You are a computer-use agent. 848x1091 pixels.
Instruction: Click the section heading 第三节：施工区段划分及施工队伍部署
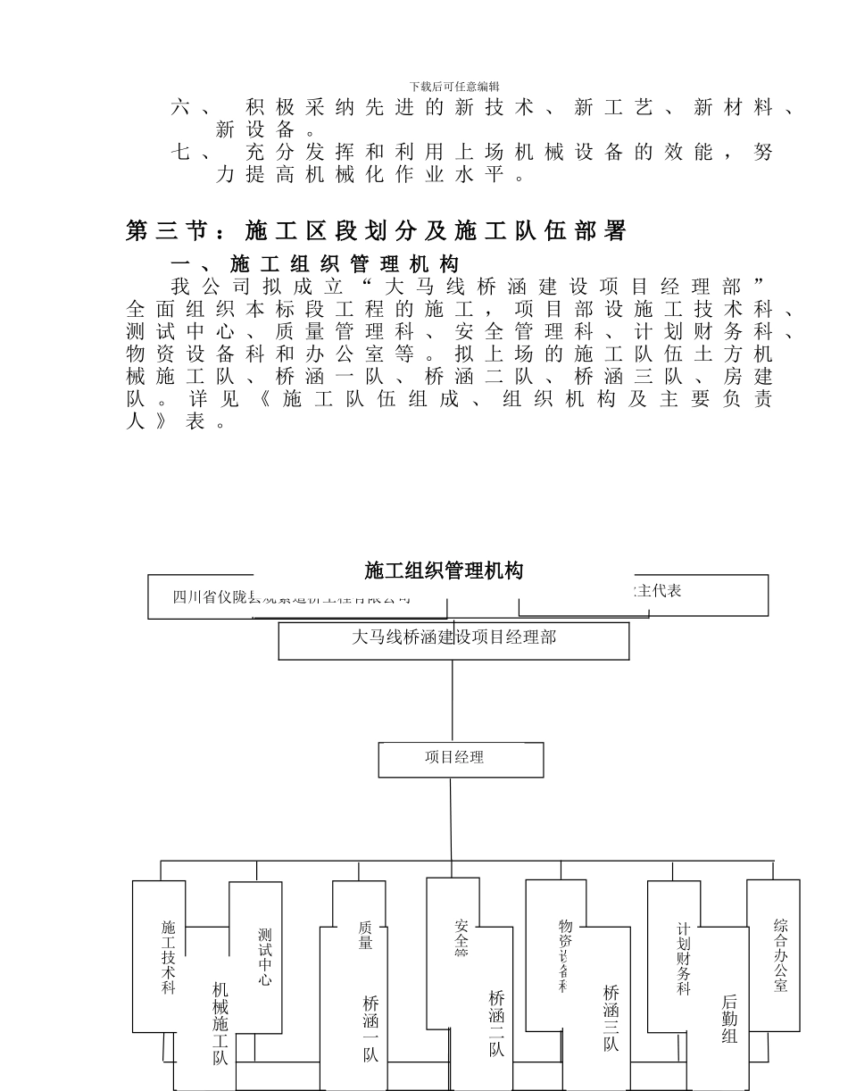tap(376, 232)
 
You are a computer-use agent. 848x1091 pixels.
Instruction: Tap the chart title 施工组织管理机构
tap(444, 570)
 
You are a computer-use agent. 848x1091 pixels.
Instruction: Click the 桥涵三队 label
tap(611, 1018)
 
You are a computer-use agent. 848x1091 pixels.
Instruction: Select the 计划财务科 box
tap(683, 960)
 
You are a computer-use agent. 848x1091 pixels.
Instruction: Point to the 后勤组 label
tap(728, 1019)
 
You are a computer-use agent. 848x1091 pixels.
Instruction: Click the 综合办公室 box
tap(780, 955)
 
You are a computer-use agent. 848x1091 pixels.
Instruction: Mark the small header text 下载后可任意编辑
tap(454, 86)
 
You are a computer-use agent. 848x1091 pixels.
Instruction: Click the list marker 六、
tap(190, 109)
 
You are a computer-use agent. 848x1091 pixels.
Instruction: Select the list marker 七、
tap(190, 153)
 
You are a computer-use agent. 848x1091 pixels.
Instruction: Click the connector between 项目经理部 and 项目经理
tap(453, 701)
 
